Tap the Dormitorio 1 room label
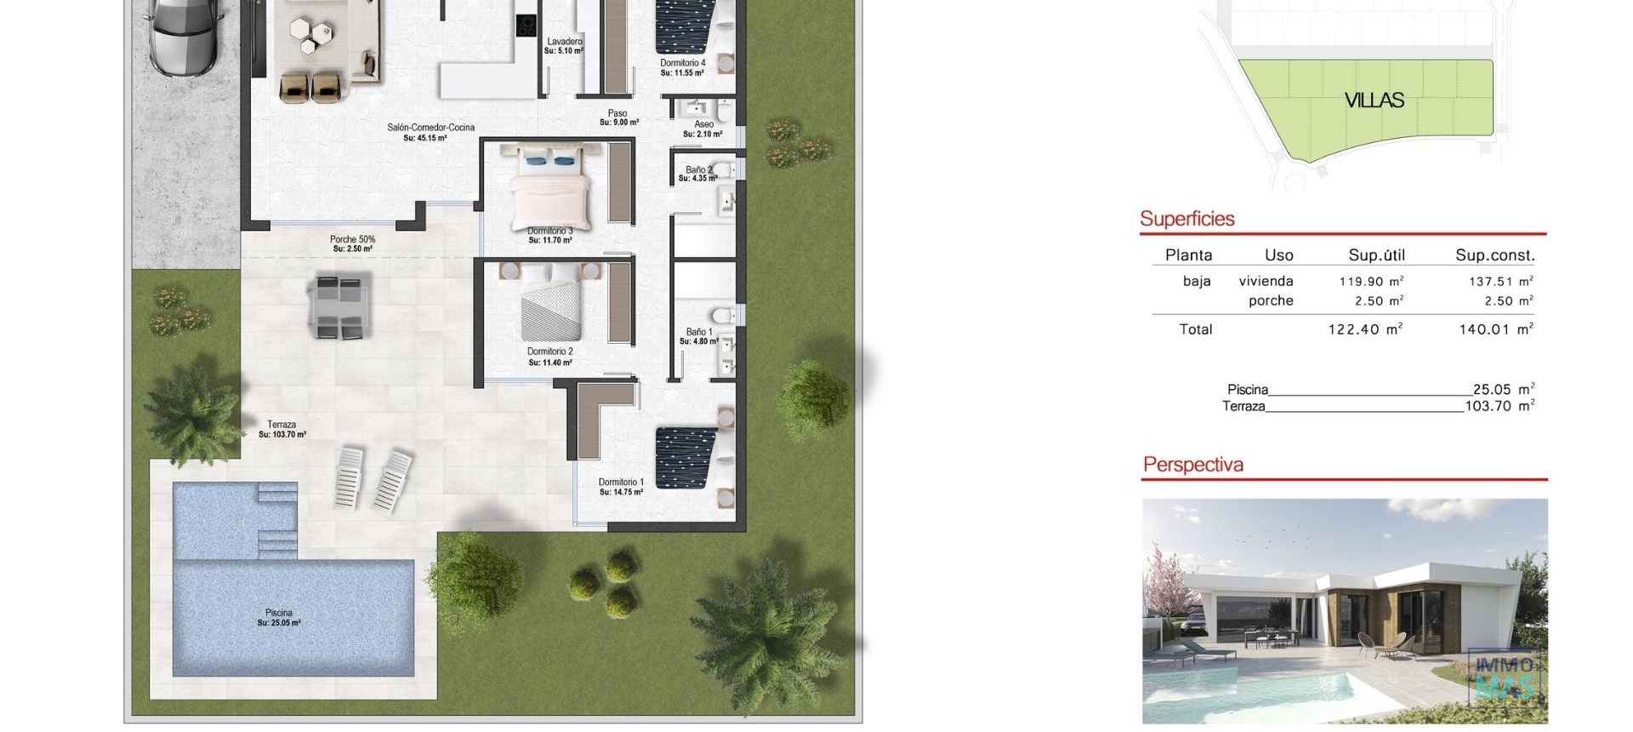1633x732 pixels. pos(621,483)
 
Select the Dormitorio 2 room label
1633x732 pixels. pos(550,352)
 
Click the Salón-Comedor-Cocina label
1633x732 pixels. pos(430,128)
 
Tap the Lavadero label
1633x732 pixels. pos(565,42)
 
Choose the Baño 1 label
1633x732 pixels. pos(699,332)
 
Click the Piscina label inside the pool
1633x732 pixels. pos(279,613)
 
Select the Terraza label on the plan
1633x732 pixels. pos(282,425)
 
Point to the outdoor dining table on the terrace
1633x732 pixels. pos(339,305)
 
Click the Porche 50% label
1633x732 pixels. pos(352,240)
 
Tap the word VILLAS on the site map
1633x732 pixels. pos(1374,100)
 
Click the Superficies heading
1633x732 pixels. pos(1186,219)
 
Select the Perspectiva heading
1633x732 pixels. pos(1192,465)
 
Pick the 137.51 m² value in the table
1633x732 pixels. pos(1500,281)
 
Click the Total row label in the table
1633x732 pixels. pos(1195,329)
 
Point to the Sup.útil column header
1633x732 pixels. pos(1376,255)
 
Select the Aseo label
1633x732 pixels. pos(703,124)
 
